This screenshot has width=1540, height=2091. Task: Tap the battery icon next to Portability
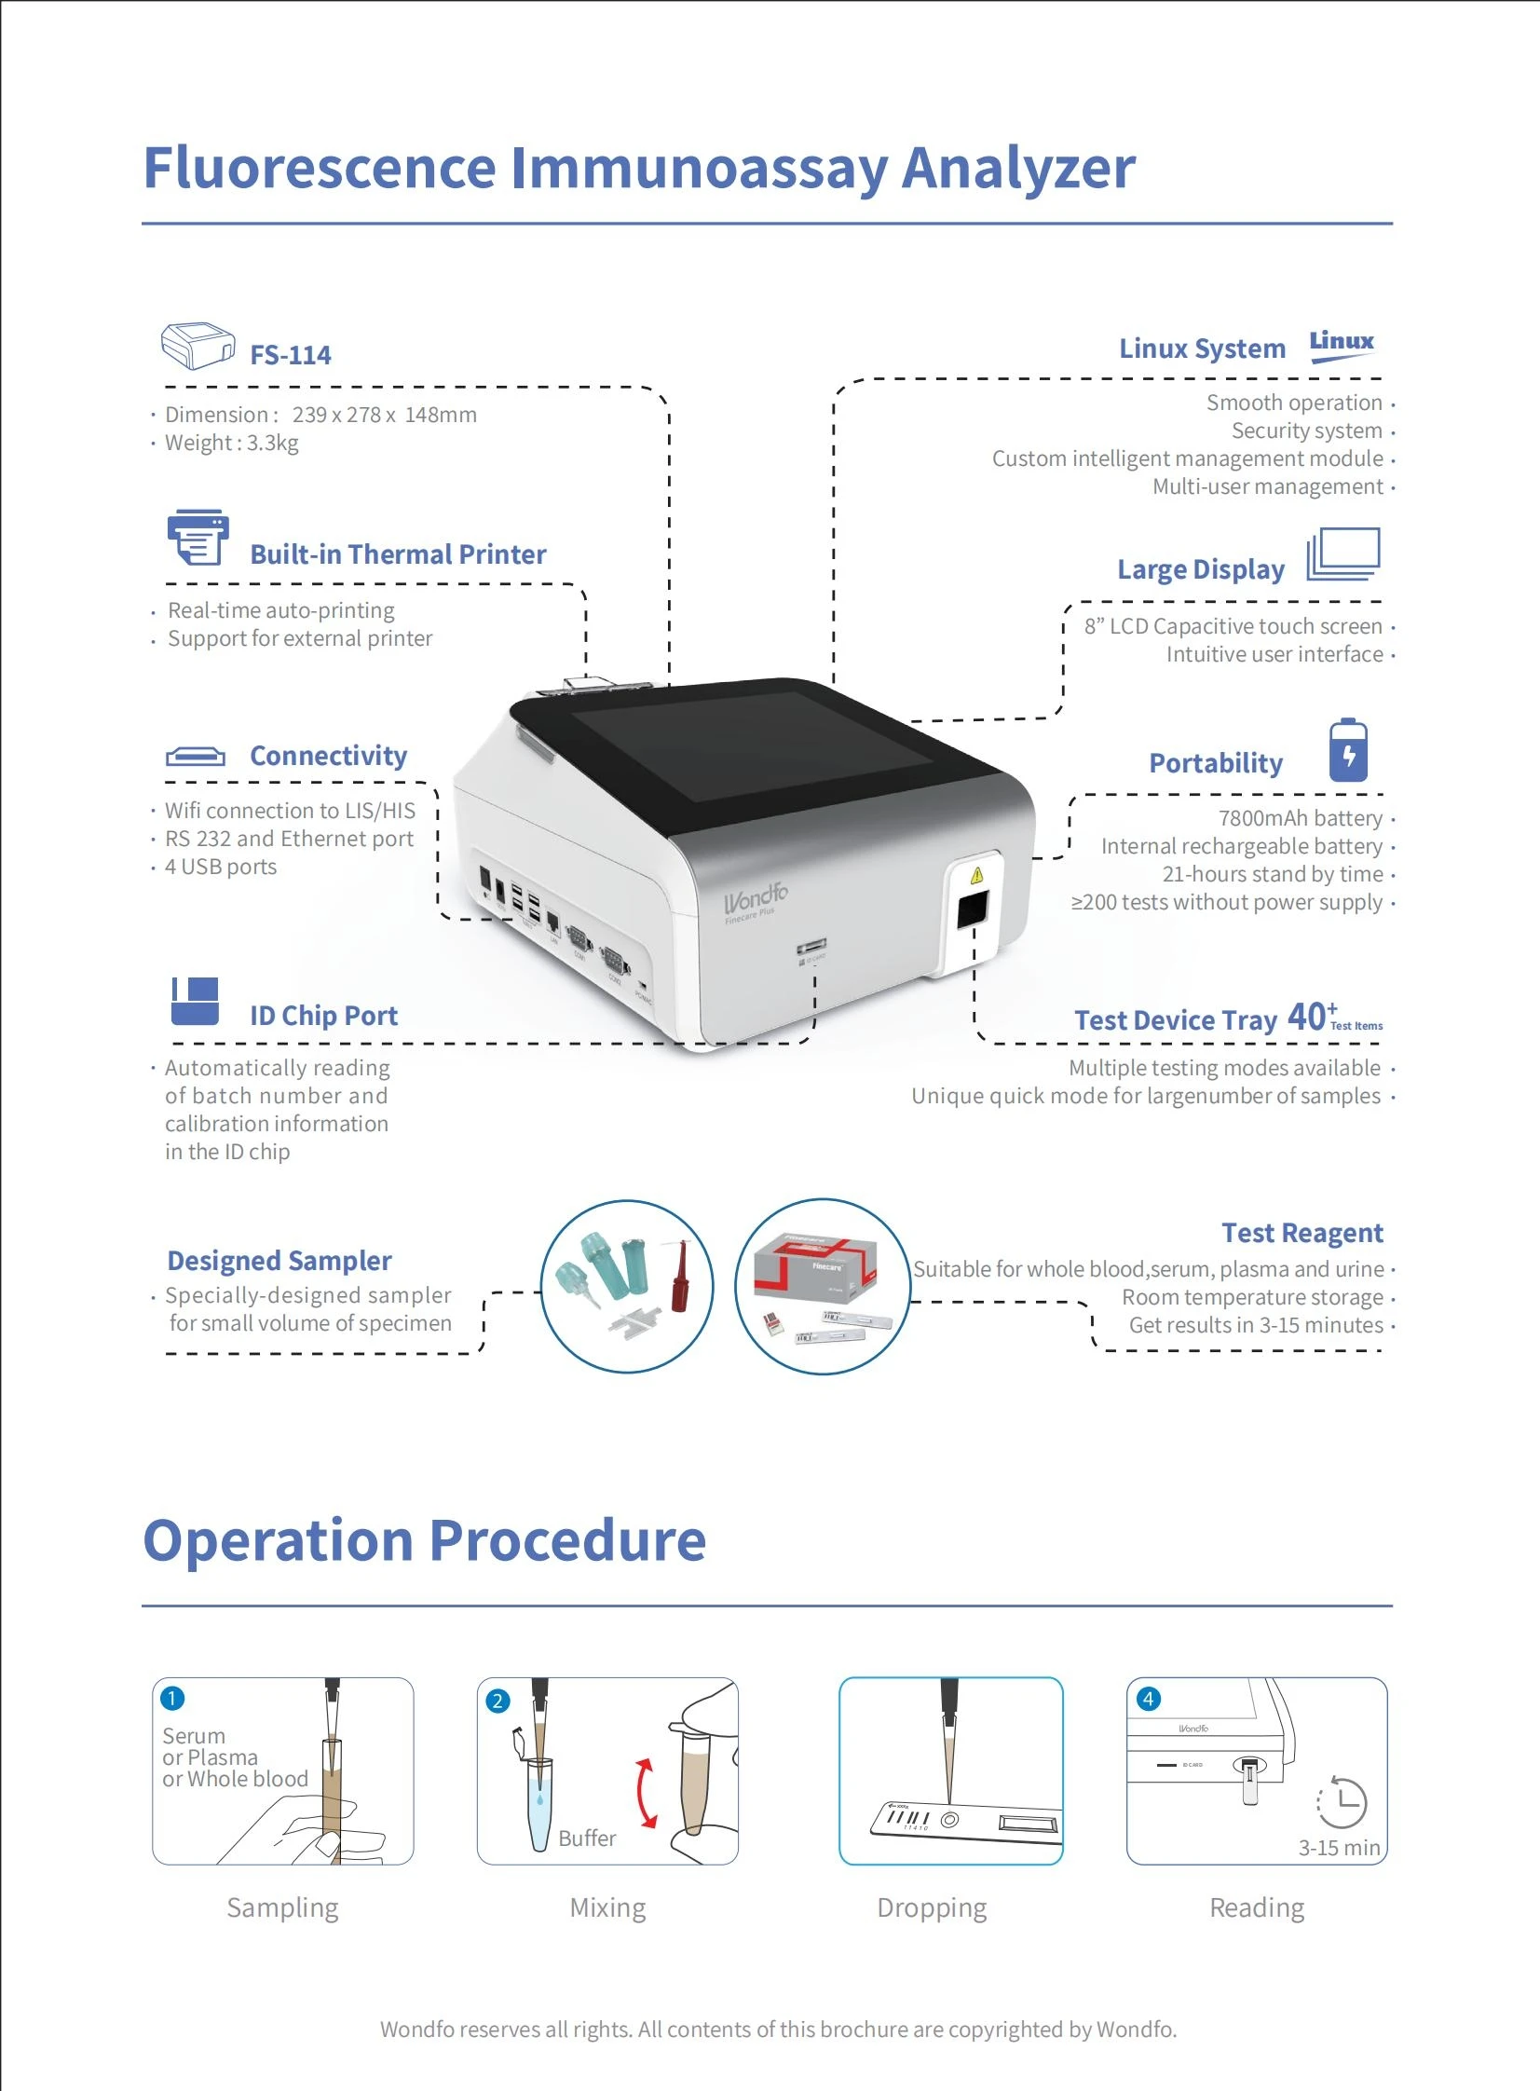click(x=1348, y=750)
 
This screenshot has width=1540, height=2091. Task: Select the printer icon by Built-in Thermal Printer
click(x=198, y=537)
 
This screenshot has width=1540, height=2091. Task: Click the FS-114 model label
click(x=290, y=355)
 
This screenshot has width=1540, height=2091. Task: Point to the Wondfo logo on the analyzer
click(x=756, y=898)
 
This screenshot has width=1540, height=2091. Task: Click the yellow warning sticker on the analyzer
click(x=976, y=875)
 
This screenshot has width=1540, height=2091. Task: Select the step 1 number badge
click(x=172, y=1699)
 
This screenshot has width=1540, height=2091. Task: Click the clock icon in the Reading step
click(x=1342, y=1802)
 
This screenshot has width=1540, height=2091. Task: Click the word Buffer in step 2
click(x=587, y=1838)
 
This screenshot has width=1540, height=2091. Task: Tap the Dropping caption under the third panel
click(x=932, y=1908)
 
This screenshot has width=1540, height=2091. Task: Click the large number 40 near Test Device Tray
click(x=1307, y=1017)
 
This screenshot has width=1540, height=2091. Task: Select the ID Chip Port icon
click(x=195, y=1001)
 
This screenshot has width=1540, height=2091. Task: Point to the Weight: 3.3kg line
click(x=231, y=443)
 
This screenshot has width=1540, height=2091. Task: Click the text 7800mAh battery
click(x=1300, y=818)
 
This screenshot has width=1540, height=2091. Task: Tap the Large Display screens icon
click(x=1342, y=553)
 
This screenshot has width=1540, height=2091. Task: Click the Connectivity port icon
click(x=195, y=756)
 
